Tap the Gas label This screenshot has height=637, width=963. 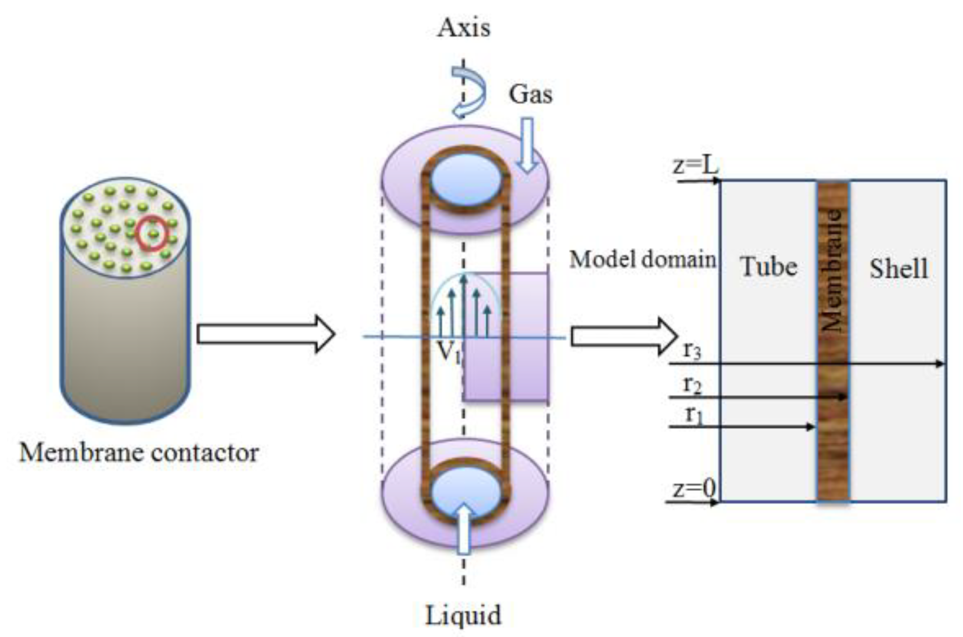[x=530, y=94]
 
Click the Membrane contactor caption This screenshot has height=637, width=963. [x=139, y=453]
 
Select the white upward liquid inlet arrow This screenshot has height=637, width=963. [x=463, y=529]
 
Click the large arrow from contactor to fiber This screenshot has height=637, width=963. [x=266, y=334]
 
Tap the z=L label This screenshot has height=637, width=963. [x=695, y=166]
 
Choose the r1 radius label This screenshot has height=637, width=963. [x=693, y=415]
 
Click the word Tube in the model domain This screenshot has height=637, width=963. [x=768, y=267]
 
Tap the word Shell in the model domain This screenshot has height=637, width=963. [x=899, y=269]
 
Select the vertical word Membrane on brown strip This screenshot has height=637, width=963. [x=832, y=270]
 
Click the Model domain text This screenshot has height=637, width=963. [x=642, y=259]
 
